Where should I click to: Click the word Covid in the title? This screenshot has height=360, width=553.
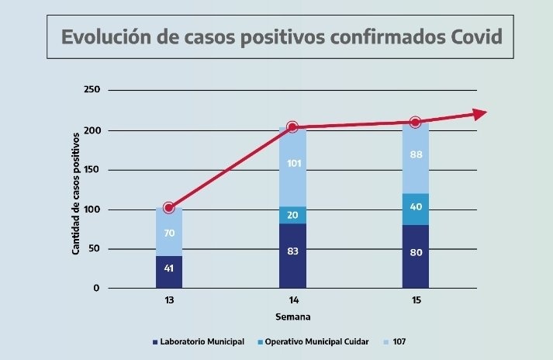coord(469,37)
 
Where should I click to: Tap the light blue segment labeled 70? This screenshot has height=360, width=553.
coord(169,232)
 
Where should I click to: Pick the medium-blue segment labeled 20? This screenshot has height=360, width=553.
coord(292,216)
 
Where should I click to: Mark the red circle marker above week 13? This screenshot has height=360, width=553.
coord(169,207)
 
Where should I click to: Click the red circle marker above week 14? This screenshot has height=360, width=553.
coord(292,127)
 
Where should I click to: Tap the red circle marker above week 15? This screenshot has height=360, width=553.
coord(415,122)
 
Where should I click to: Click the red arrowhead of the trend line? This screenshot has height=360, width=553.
coord(480,113)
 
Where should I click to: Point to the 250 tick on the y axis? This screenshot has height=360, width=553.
coord(92,90)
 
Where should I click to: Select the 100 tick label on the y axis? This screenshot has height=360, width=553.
coord(92,209)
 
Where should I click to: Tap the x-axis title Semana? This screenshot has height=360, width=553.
coord(292,317)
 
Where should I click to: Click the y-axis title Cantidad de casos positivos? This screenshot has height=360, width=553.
coord(76,192)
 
